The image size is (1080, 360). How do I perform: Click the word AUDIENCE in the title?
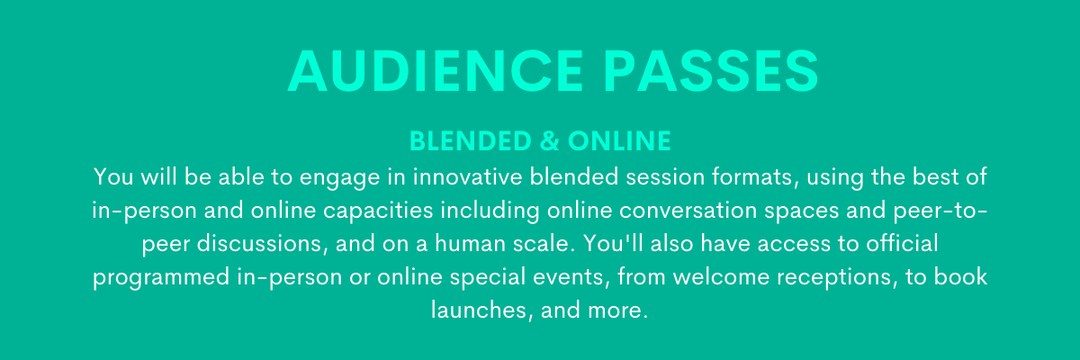tap(436, 71)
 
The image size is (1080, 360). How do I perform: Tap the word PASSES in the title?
tap(711, 71)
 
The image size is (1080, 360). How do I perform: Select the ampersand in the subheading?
tap(549, 140)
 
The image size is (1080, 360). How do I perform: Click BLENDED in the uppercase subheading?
tap(470, 140)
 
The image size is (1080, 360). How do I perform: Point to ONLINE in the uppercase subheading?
tap(619, 140)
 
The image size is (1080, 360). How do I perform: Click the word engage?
tap(340, 178)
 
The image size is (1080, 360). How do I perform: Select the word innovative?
tap(468, 177)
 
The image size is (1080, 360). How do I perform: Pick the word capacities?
tap(378, 211)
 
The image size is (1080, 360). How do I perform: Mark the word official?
tap(902, 243)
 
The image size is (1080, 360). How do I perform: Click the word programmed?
tap(161, 277)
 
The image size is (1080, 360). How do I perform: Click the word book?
tap(960, 276)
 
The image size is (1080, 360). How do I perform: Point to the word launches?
tap(482, 310)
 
